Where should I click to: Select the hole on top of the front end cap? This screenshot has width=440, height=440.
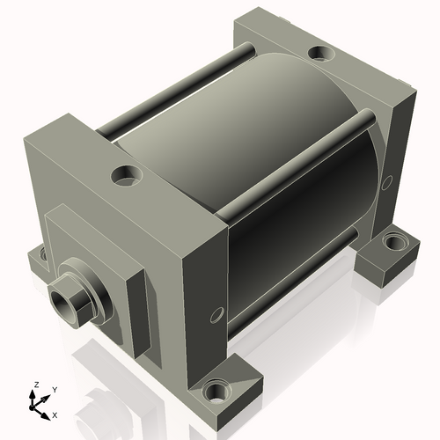tap(127, 175)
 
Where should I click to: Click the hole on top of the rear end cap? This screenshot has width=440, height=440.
tap(322, 55)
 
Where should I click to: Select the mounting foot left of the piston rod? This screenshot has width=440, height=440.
tap(38, 258)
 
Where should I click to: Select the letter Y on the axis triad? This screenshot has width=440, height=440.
tap(54, 389)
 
